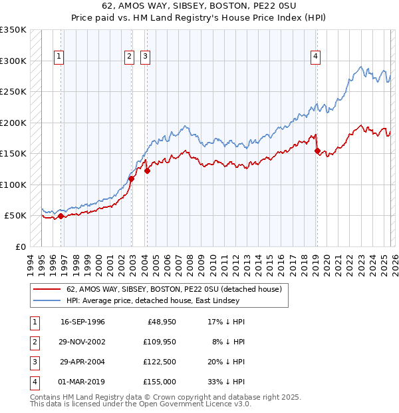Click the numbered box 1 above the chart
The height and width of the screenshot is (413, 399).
(59, 57)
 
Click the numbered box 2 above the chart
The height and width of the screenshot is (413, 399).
(129, 57)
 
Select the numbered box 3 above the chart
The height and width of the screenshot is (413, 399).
(144, 57)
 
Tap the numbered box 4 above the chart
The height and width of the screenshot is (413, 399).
(315, 57)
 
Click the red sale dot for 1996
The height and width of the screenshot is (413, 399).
(61, 216)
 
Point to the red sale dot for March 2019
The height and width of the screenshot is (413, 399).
(316, 151)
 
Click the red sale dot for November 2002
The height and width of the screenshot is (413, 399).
(131, 179)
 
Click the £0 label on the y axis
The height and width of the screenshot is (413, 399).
(19, 246)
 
